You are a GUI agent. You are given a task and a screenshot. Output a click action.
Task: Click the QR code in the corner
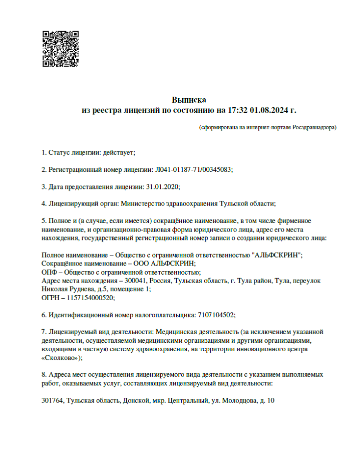click(60, 49)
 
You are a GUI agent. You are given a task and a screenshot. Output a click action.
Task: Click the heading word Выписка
click(189, 100)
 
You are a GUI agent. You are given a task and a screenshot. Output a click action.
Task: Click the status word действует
click(118, 152)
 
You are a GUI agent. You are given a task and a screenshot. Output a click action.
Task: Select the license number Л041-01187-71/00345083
click(194, 170)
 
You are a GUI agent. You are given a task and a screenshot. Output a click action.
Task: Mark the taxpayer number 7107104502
click(216, 315)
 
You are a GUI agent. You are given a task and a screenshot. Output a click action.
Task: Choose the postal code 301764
click(53, 401)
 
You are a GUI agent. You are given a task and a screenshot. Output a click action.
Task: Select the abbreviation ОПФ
click(50, 272)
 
